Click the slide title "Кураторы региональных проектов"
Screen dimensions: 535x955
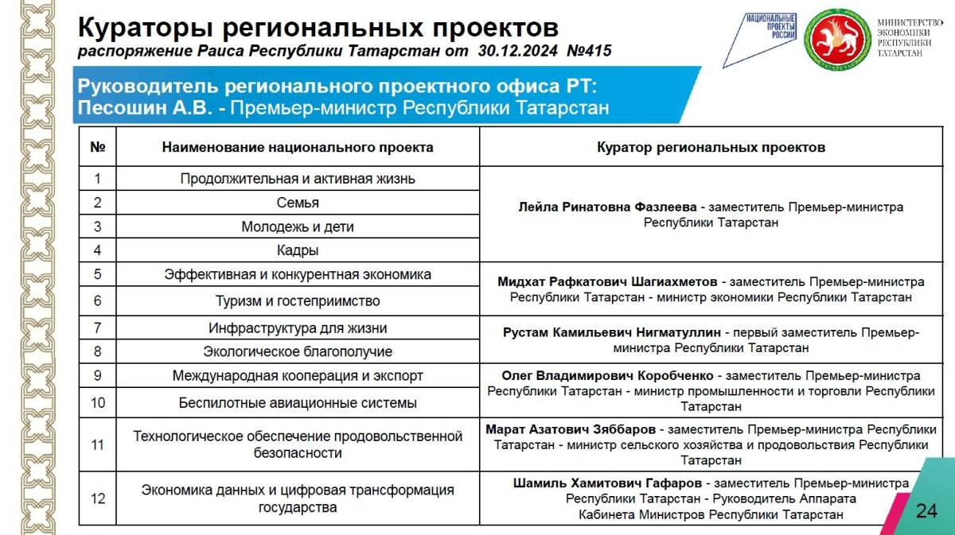pos(318,28)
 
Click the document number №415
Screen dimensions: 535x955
pos(589,52)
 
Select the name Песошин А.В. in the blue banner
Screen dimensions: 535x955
pos(145,107)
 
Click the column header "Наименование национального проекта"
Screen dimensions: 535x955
pos(298,147)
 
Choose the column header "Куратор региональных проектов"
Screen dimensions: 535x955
pos(711,147)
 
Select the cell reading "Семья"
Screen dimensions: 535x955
pos(298,203)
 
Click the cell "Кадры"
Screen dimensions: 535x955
pos(298,250)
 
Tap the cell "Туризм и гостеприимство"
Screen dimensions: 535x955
pos(298,301)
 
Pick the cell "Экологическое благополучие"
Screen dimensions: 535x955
pos(298,351)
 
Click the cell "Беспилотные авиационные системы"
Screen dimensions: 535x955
pos(298,403)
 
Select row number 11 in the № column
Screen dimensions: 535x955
pos(98,445)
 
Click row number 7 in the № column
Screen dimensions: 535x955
pos(98,328)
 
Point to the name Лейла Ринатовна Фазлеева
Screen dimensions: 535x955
pos(607,207)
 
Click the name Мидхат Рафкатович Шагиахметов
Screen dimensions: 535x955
pos(607,281)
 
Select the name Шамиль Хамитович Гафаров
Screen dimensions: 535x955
pos(608,483)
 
